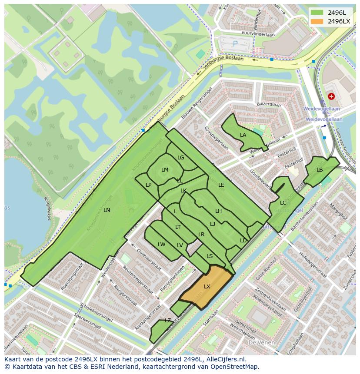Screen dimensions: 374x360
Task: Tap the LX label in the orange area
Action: point(207,287)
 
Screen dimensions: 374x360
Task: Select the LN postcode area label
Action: point(107,210)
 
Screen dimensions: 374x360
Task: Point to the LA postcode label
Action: point(243,135)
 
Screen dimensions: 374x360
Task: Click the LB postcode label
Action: point(320,170)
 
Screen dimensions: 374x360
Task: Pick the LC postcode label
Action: point(283,203)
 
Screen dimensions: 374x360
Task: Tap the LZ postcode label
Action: point(168,321)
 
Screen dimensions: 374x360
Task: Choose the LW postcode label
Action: point(162,245)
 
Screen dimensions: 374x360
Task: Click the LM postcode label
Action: point(165,170)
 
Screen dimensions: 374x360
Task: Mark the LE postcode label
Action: point(221,185)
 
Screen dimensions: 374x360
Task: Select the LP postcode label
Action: point(149,185)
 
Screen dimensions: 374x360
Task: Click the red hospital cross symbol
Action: point(331,96)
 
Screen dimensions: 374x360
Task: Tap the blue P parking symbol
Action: point(235,43)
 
